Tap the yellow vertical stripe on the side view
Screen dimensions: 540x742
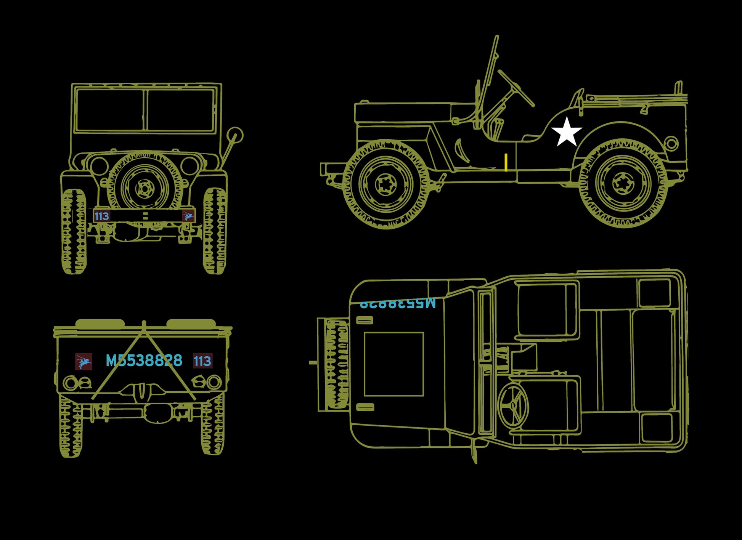pyautogui.click(x=506, y=162)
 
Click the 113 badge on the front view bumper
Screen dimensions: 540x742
pyautogui.click(x=101, y=216)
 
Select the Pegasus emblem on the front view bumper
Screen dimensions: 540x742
pyautogui.click(x=188, y=216)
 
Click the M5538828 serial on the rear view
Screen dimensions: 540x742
pyautogui.click(x=144, y=361)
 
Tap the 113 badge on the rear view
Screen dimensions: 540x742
pyautogui.click(x=202, y=361)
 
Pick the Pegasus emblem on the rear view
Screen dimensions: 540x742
pyautogui.click(x=84, y=361)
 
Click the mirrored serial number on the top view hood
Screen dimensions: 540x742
pyautogui.click(x=397, y=303)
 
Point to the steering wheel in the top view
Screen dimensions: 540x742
pyautogui.click(x=513, y=405)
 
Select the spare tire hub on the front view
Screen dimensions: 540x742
pyautogui.click(x=145, y=188)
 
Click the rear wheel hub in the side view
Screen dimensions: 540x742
pyautogui.click(x=623, y=183)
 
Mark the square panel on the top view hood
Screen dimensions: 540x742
pyautogui.click(x=393, y=364)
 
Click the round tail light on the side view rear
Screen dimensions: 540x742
pyautogui.click(x=671, y=143)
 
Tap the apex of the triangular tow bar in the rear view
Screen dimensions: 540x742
pyautogui.click(x=144, y=325)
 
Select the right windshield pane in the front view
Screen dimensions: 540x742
pyautogui.click(x=180, y=110)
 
